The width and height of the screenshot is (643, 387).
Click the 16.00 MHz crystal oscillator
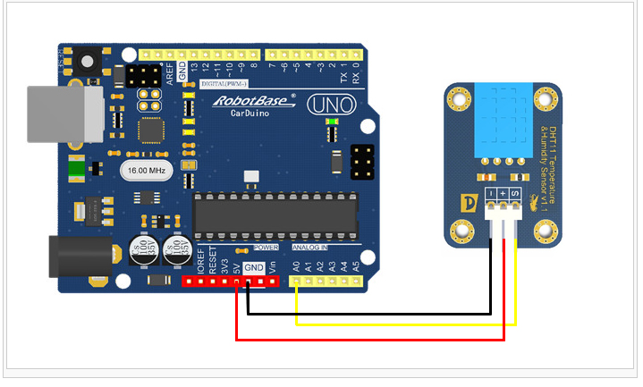pyautogui.click(x=146, y=170)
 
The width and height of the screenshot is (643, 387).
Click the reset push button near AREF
pyautogui.click(x=87, y=62)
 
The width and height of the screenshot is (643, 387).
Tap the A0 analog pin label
pyautogui.click(x=295, y=265)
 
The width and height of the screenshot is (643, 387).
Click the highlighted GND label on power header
pyautogui.click(x=254, y=267)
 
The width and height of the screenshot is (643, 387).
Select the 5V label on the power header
pyautogui.click(x=236, y=265)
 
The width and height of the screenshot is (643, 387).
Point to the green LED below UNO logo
pyautogui.click(x=333, y=122)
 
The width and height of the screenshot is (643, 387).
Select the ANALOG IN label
pyautogui.click(x=310, y=247)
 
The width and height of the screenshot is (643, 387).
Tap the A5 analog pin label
pyautogui.click(x=355, y=265)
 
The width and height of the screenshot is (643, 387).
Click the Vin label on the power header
pyautogui.click(x=272, y=265)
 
